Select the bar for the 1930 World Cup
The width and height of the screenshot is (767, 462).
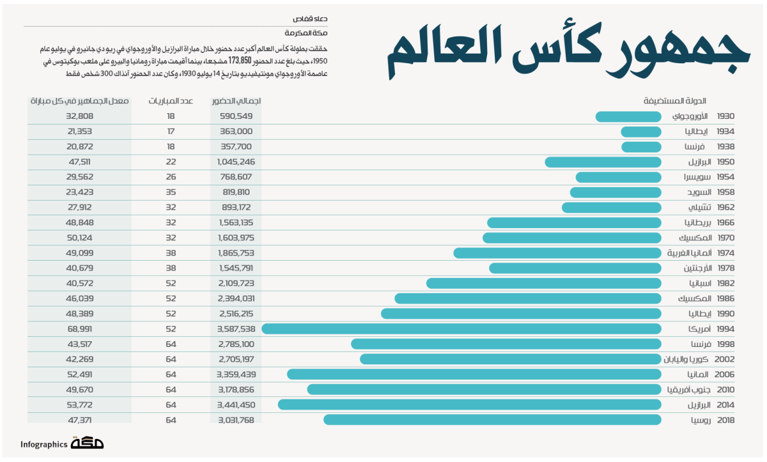628,117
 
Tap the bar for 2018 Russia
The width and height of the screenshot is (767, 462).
492,420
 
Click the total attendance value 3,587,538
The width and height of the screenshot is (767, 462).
236,329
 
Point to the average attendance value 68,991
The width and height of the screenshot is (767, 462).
80,329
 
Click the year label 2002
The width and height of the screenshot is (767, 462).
725,359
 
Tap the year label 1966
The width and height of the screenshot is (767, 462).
725,223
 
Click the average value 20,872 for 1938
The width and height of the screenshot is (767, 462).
80,147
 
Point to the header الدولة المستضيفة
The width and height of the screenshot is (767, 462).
674,101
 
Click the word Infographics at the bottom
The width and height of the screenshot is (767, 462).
43,445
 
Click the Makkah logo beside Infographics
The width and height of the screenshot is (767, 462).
88,443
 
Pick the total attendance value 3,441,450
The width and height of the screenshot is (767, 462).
236,405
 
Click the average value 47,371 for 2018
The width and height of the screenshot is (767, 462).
80,420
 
